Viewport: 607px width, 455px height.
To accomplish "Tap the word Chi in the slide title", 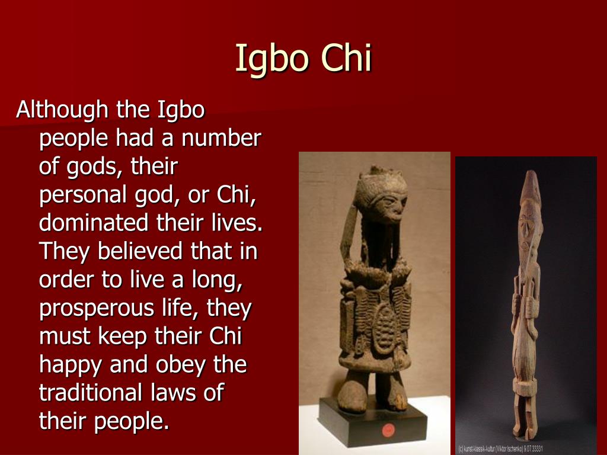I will coord(347,58).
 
